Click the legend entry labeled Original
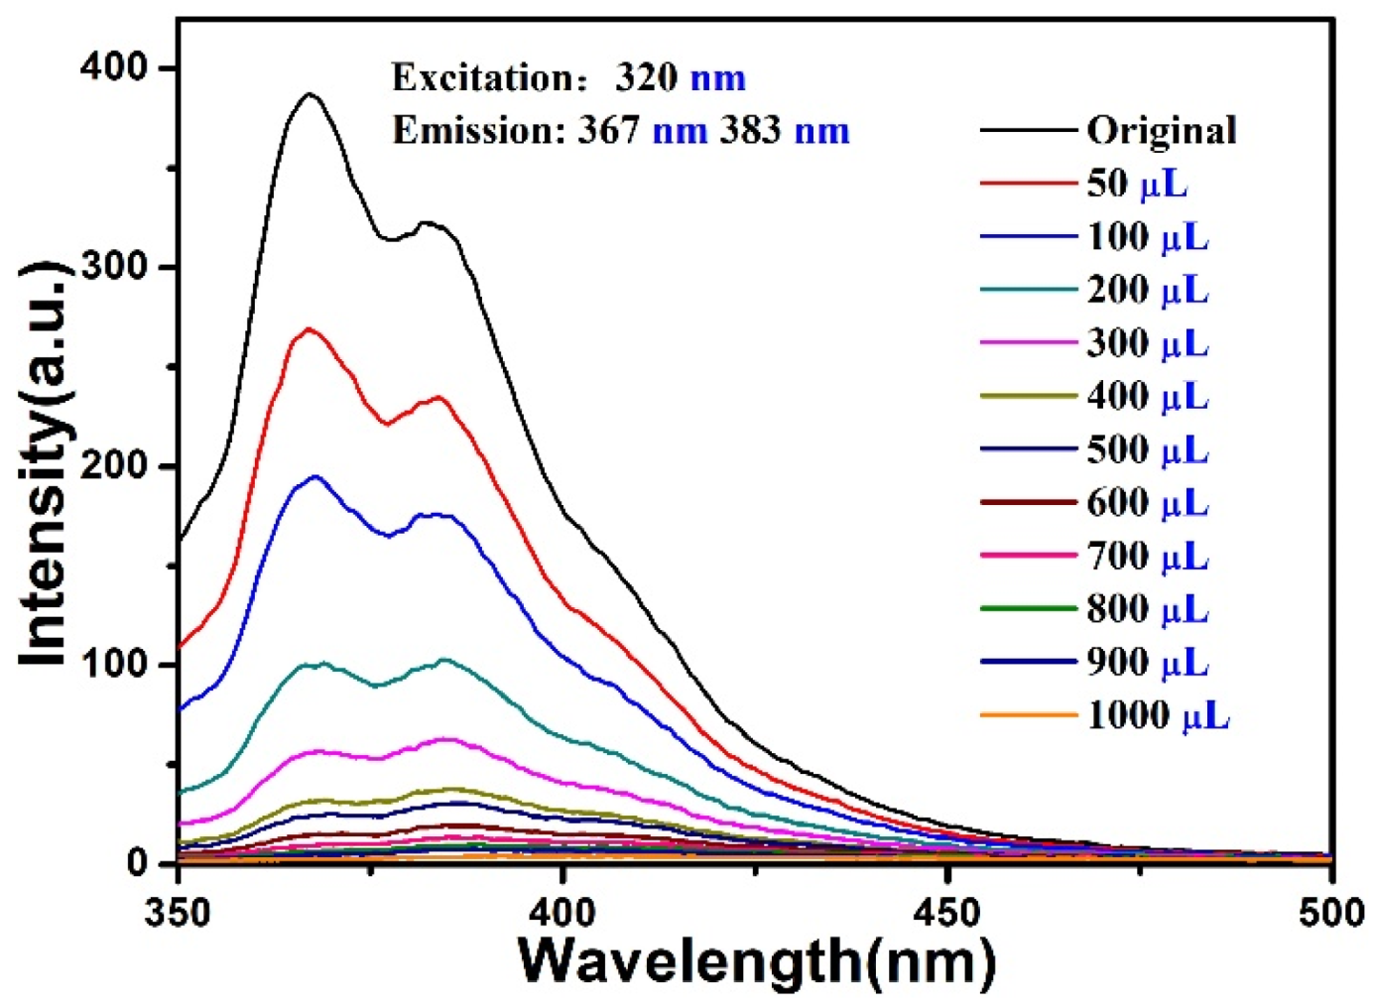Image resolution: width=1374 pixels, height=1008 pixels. pos(1161,130)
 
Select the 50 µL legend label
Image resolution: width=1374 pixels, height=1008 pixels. pos(1136,184)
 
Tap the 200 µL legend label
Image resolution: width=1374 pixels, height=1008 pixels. pos(1148,290)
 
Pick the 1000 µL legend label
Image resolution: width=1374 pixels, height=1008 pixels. pos(1158,715)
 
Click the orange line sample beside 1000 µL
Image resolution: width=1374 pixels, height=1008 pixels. pos(1028,715)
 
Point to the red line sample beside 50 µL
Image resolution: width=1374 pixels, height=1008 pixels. pos(1028,184)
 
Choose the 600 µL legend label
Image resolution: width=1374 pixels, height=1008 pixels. pos(1148,503)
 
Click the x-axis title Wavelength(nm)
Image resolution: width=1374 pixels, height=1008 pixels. pos(756,960)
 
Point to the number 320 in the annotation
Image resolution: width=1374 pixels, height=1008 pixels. pos(646,77)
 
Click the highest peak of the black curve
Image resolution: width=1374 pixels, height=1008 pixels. pos(310,94)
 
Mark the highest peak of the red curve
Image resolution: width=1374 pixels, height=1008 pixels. pos(309,328)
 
